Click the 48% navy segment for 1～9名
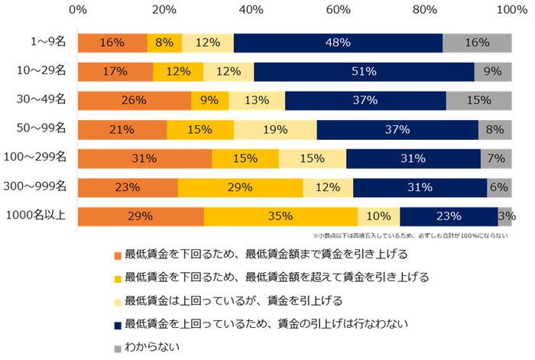[x=338, y=43]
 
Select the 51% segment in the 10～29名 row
[x=364, y=72]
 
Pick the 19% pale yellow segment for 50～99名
[x=275, y=130]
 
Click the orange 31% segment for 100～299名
[x=144, y=159]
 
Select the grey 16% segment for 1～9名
[x=477, y=43]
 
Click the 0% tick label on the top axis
[x=77, y=10]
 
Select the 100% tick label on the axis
[x=508, y=10]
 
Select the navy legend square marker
[x=117, y=324]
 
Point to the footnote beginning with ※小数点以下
[x=410, y=236]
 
